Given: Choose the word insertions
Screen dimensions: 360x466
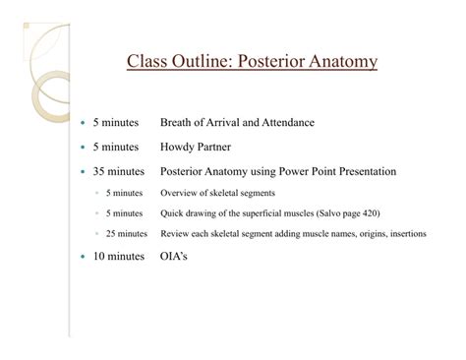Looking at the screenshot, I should coord(400,234).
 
